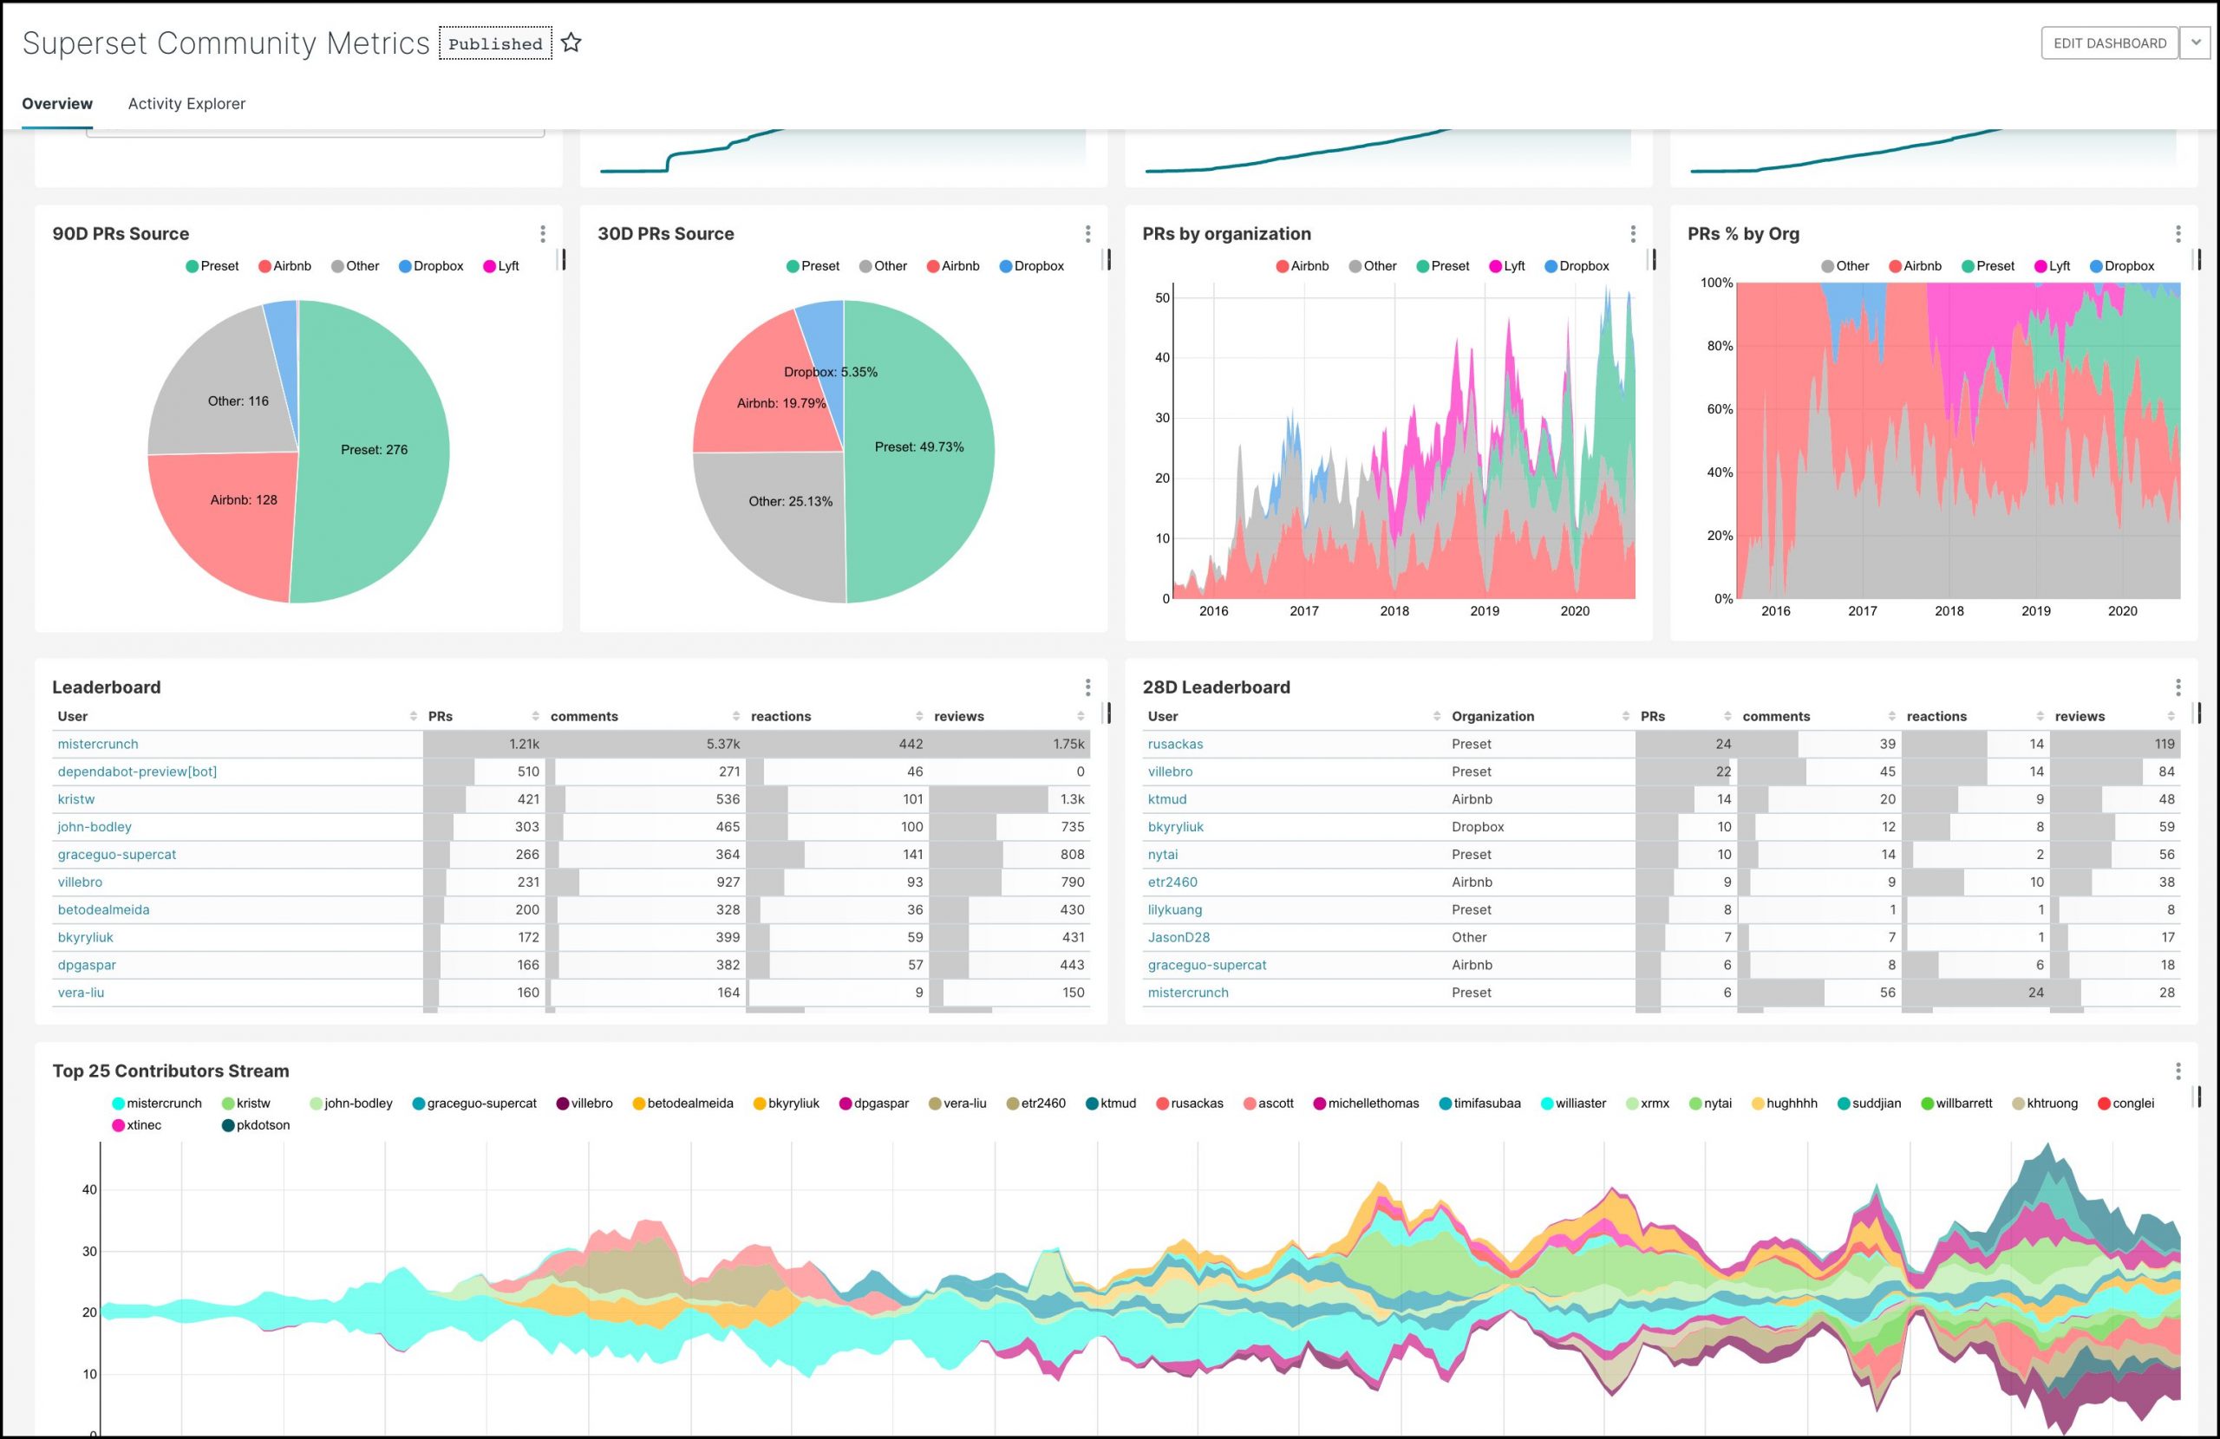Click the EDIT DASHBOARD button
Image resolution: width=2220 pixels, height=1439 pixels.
click(x=2109, y=42)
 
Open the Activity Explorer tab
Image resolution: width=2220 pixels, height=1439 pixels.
click(x=186, y=103)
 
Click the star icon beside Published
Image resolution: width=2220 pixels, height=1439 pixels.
click(x=571, y=42)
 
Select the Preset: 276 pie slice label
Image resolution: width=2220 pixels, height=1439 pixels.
click(x=374, y=450)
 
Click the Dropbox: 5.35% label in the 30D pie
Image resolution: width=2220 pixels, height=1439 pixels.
click(x=830, y=372)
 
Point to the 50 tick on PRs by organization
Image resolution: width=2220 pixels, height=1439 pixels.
click(x=1161, y=298)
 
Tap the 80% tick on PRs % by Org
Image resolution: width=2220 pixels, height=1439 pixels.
click(x=1719, y=346)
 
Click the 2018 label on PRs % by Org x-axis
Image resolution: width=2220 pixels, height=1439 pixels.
click(x=1949, y=611)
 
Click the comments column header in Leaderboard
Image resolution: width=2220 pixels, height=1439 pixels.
click(x=584, y=716)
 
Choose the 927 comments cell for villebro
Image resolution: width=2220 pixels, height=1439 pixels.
click(x=728, y=882)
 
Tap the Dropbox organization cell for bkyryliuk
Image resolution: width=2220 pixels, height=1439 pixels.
click(x=1478, y=827)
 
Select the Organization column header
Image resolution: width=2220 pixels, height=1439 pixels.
click(x=1492, y=716)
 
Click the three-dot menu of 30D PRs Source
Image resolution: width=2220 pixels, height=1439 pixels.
click(x=1087, y=234)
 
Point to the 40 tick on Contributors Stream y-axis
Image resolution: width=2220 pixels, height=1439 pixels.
click(x=89, y=1190)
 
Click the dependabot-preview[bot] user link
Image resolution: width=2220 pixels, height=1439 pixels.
click(x=137, y=772)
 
